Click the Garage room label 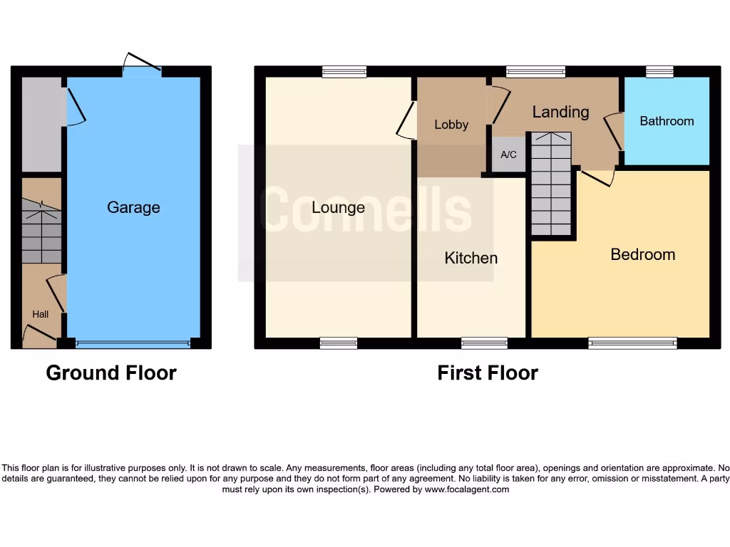(133, 207)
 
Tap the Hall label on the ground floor (40, 313)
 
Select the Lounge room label (338, 207)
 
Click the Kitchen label (471, 258)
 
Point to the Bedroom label (642, 254)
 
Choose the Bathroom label (667, 121)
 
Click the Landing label (560, 112)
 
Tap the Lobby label (451, 125)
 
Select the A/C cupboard (508, 155)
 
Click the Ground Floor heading (111, 373)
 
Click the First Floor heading (488, 373)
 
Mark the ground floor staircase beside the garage (41, 231)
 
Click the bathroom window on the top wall (659, 71)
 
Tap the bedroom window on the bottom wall (632, 343)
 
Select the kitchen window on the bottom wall (484, 343)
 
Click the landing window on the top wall (535, 71)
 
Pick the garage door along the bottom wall (133, 344)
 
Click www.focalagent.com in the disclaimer (467, 489)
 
